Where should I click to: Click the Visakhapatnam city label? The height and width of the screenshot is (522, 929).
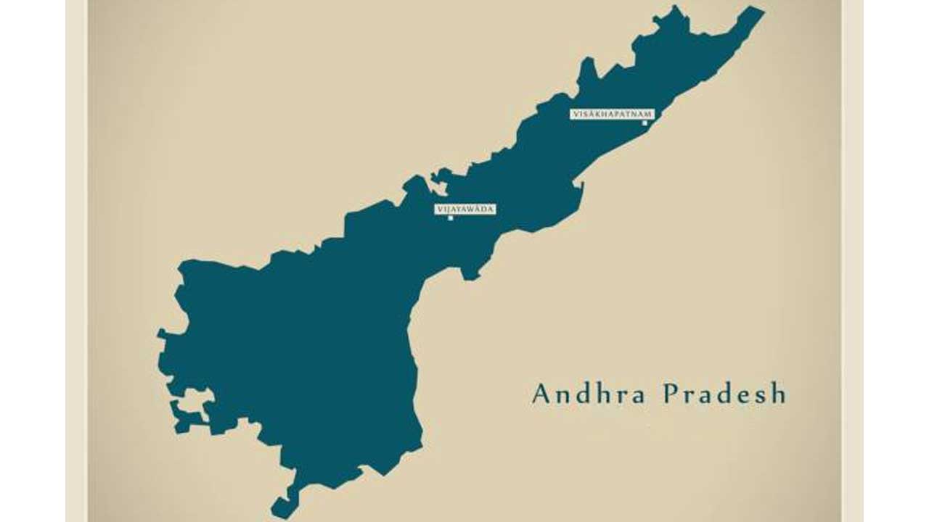coord(612,114)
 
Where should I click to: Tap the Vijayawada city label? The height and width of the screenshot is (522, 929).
coord(465,209)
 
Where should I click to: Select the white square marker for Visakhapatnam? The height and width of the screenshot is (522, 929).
coord(644,123)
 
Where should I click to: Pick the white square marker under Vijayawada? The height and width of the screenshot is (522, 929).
coord(451,217)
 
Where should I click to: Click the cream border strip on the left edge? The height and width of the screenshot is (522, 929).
coord(76,261)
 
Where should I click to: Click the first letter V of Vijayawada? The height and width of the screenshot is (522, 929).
coord(439,209)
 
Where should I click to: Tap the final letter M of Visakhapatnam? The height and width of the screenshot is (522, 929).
coord(649,114)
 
